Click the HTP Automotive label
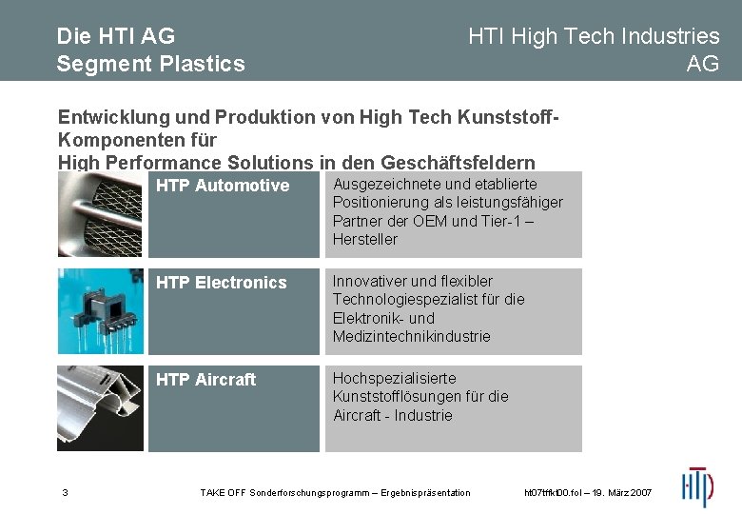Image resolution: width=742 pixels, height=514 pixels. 223,186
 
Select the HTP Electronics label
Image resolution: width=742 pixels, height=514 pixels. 221,283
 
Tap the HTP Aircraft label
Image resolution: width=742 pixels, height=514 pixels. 205,380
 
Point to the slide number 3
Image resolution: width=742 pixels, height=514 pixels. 65,492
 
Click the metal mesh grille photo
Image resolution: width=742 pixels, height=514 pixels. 100,214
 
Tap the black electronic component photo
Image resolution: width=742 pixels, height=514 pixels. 100,310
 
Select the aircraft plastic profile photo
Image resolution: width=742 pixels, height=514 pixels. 100,408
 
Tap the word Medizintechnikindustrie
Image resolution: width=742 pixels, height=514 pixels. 411,336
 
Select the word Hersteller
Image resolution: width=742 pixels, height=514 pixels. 365,239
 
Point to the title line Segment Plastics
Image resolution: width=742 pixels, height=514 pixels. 150,64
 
